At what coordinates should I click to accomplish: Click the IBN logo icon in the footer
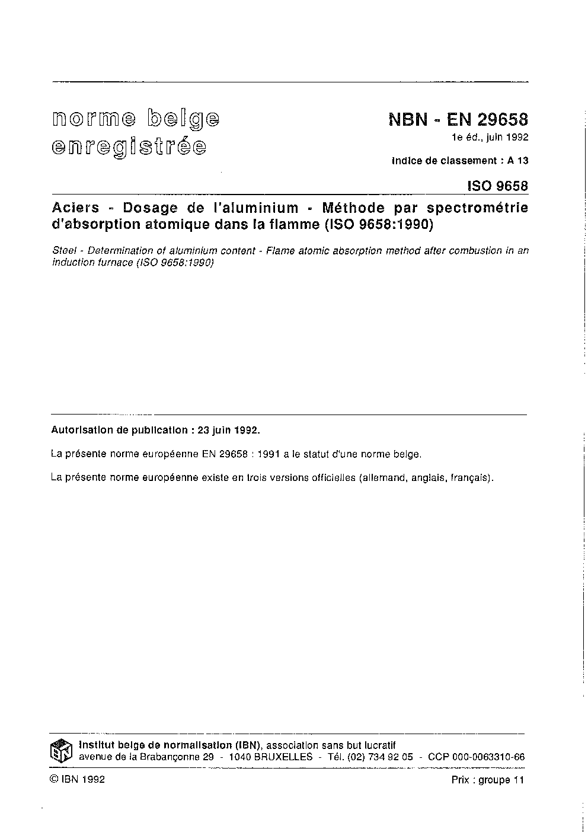click(61, 751)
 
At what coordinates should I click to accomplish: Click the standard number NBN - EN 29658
click(458, 120)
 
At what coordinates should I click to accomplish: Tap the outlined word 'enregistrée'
click(129, 146)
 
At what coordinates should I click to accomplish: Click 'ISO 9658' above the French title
click(497, 186)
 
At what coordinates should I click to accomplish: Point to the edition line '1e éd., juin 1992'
click(490, 138)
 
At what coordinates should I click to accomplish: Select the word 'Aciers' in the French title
click(75, 208)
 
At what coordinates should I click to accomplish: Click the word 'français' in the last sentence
click(470, 477)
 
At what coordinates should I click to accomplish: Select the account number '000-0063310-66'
click(490, 757)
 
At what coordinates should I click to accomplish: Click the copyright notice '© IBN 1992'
click(78, 780)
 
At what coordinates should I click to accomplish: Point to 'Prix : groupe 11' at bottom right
click(488, 780)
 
